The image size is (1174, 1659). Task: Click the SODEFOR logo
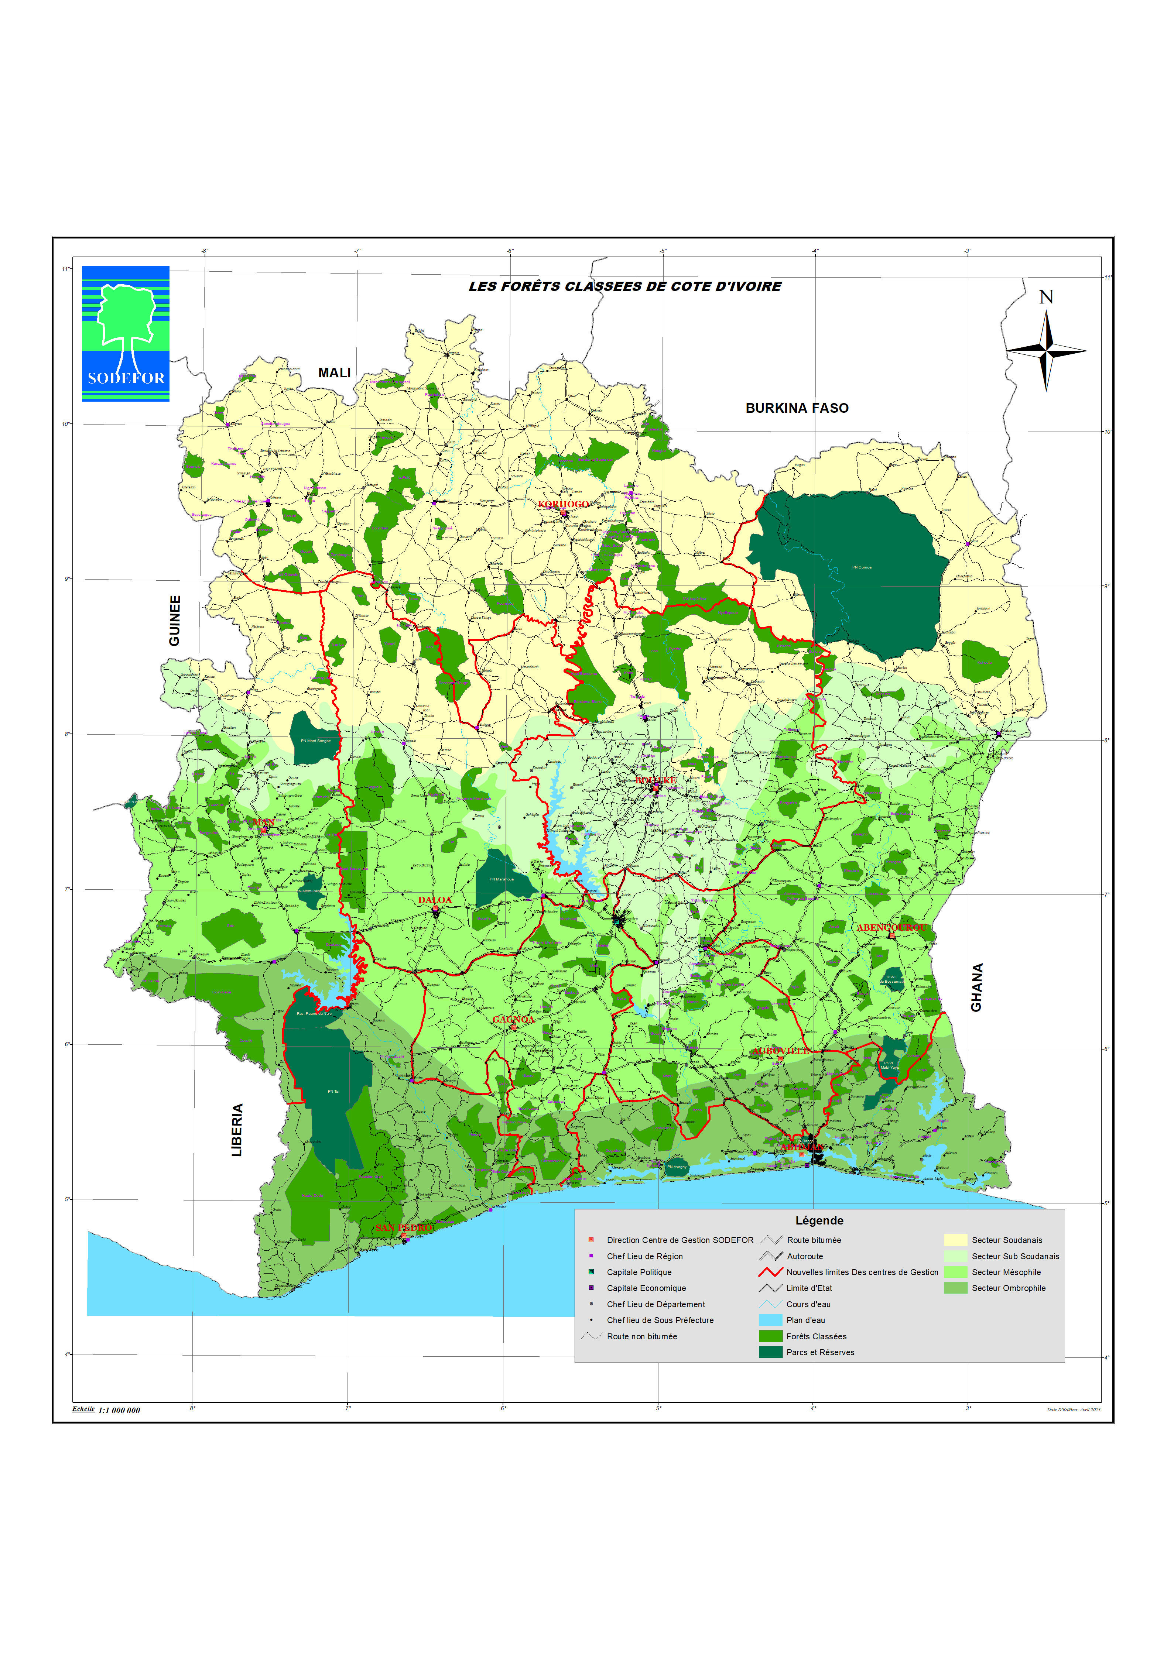coord(126,334)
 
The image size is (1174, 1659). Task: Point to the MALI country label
coord(335,373)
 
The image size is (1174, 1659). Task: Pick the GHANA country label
coord(977,988)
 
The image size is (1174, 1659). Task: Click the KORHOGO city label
coord(563,504)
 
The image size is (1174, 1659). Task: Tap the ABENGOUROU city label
coord(891,928)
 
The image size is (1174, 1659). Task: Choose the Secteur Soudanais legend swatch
coord(955,1240)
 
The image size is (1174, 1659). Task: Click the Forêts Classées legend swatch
coord(771,1336)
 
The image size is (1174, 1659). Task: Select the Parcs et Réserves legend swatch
coord(771,1352)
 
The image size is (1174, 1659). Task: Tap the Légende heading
coord(819,1220)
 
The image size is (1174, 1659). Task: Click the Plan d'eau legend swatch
coord(771,1320)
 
